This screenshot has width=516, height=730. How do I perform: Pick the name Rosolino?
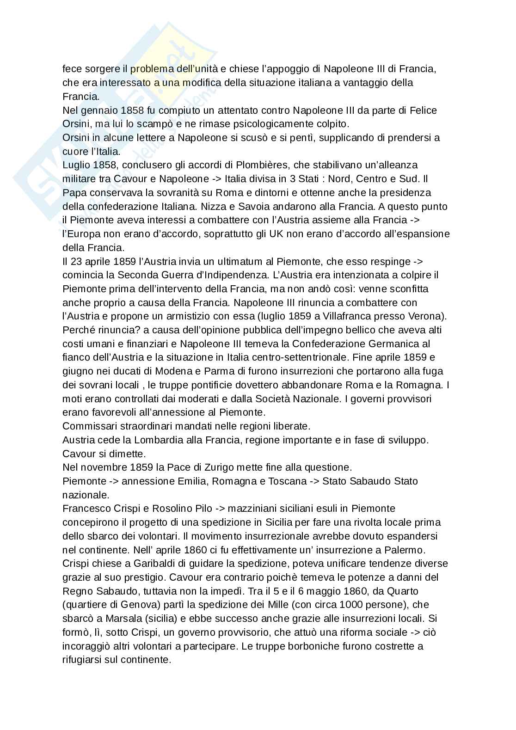[172, 509]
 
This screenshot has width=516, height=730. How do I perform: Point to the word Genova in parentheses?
[131, 604]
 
